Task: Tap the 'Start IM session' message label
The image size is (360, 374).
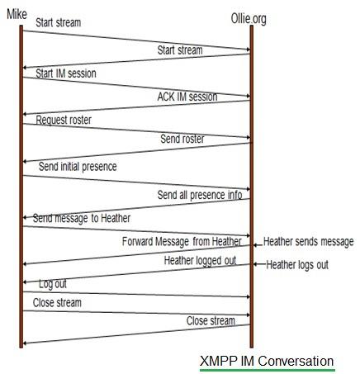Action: pos(65,73)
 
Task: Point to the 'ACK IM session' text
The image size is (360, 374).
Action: pos(187,97)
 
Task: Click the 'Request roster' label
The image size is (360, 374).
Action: pos(64,120)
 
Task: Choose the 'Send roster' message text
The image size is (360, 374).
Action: pos(182,139)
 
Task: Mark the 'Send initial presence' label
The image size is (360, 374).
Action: pos(77,166)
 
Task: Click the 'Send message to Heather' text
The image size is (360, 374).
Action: pos(82,218)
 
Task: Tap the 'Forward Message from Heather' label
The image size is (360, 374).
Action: pos(182,242)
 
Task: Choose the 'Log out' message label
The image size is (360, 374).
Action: pos(53,283)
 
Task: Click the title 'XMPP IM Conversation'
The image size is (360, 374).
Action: pos(266,361)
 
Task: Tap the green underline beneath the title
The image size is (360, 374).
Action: pos(266,370)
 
